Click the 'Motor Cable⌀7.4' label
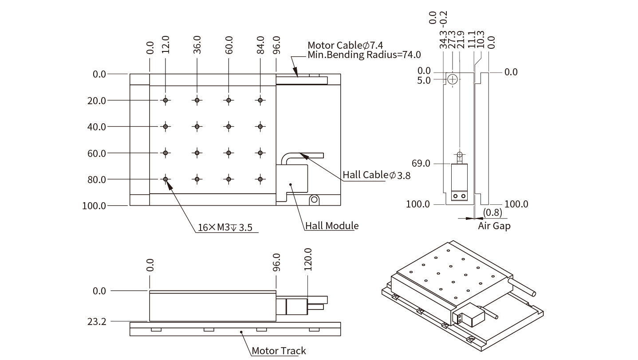(x=345, y=45)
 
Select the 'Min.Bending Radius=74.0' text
(x=364, y=55)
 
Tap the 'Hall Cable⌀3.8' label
(x=376, y=175)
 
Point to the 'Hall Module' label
(x=332, y=226)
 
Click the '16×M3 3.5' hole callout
(x=225, y=228)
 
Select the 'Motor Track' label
(x=279, y=351)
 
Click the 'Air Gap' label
(x=494, y=226)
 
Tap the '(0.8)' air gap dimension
(x=492, y=212)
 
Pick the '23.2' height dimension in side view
(x=97, y=321)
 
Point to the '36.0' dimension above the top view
(x=197, y=44)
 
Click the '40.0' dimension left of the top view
(x=97, y=127)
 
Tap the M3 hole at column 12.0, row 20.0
(x=165, y=100)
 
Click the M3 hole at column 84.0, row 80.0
(x=260, y=179)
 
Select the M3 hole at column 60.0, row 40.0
(x=228, y=126)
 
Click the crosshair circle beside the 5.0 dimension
(x=452, y=80)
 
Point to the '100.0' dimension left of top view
(x=94, y=206)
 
